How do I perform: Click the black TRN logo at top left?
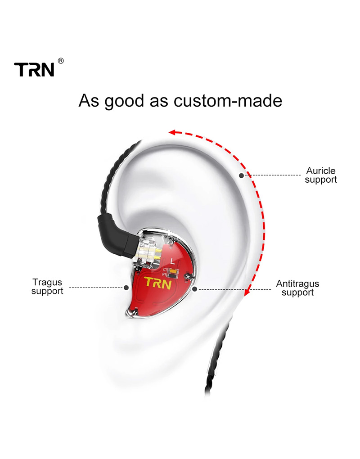(x=34, y=70)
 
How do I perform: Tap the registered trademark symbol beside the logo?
(x=61, y=61)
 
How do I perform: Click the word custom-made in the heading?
(x=228, y=101)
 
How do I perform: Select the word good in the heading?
(x=124, y=101)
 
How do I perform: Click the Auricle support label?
(x=321, y=175)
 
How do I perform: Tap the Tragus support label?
(x=47, y=287)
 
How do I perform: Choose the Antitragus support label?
(x=297, y=288)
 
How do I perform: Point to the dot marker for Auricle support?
(x=242, y=175)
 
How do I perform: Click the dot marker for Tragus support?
(x=126, y=288)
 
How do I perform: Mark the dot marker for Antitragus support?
(x=195, y=289)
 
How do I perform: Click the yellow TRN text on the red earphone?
(x=158, y=283)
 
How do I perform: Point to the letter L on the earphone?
(x=172, y=260)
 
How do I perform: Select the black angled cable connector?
(x=117, y=235)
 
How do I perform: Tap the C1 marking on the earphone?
(x=165, y=270)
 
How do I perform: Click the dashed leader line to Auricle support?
(x=273, y=175)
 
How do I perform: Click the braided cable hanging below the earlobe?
(x=216, y=360)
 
